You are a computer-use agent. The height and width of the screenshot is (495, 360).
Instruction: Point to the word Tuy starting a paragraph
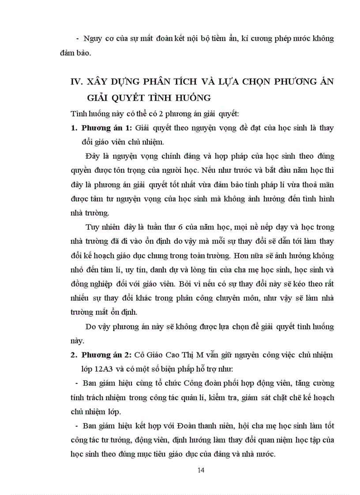(x=92, y=227)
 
